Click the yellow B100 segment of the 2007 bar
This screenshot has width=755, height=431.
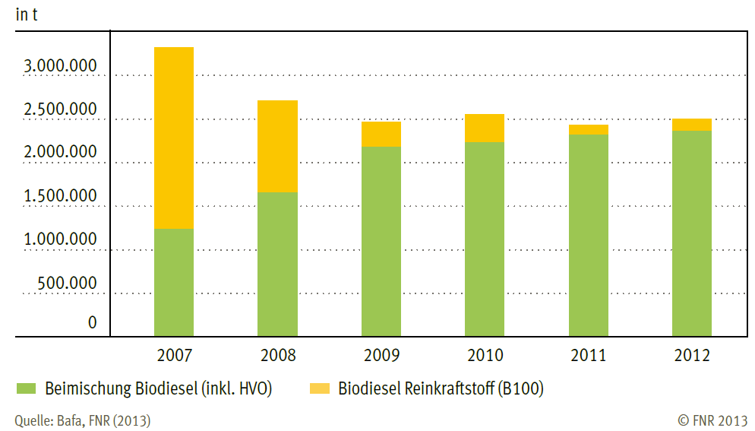[x=174, y=138]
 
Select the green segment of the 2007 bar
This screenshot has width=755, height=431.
[x=174, y=282]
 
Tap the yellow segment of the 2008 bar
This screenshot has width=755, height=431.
[x=277, y=146]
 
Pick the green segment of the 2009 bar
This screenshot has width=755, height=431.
[x=381, y=241]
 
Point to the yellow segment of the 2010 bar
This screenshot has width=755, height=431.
[x=485, y=128]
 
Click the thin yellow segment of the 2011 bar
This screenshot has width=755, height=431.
[x=589, y=129]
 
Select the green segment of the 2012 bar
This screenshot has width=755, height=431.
[x=692, y=233]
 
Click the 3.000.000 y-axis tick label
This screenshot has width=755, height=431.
[x=60, y=67]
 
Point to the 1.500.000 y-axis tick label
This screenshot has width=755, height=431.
[x=60, y=197]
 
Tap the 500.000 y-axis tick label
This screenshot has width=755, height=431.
[x=67, y=284]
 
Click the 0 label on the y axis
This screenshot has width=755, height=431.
[x=93, y=323]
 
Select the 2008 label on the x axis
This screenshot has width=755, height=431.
[x=277, y=356]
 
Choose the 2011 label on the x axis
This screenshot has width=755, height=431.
[x=589, y=356]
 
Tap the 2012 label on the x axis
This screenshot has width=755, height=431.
[x=692, y=356]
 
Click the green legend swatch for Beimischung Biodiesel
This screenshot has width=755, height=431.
[x=26, y=388]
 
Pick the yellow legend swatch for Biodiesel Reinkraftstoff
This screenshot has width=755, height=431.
[x=320, y=388]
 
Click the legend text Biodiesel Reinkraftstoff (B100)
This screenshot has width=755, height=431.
[x=441, y=388]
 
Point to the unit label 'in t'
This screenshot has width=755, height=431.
[x=27, y=14]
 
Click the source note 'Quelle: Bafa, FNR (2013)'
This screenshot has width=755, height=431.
[x=82, y=420]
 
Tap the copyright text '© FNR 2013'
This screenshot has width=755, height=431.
[x=712, y=420]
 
